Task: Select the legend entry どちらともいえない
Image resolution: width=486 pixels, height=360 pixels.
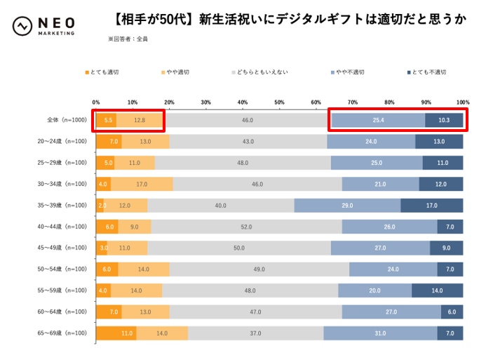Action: pos(259,72)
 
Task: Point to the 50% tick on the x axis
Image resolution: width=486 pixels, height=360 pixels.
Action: pos(279,102)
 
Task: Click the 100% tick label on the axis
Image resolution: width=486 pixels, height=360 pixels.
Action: pos(462,102)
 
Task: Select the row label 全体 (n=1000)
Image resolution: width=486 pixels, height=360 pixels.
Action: pos(62,120)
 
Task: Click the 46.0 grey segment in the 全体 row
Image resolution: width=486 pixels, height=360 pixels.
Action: pos(247,120)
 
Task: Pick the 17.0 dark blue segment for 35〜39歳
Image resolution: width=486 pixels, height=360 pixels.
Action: pos(431,206)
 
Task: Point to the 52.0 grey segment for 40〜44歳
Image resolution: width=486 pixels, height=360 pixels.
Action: pos(246,227)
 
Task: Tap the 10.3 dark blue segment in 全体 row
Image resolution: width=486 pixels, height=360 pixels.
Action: pos(444,120)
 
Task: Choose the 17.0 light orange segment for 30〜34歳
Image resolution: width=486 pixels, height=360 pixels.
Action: pos(142,184)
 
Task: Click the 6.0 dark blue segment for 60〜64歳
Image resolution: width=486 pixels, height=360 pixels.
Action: pos(452,312)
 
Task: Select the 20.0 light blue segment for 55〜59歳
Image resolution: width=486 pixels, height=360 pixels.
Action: pos(375,291)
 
